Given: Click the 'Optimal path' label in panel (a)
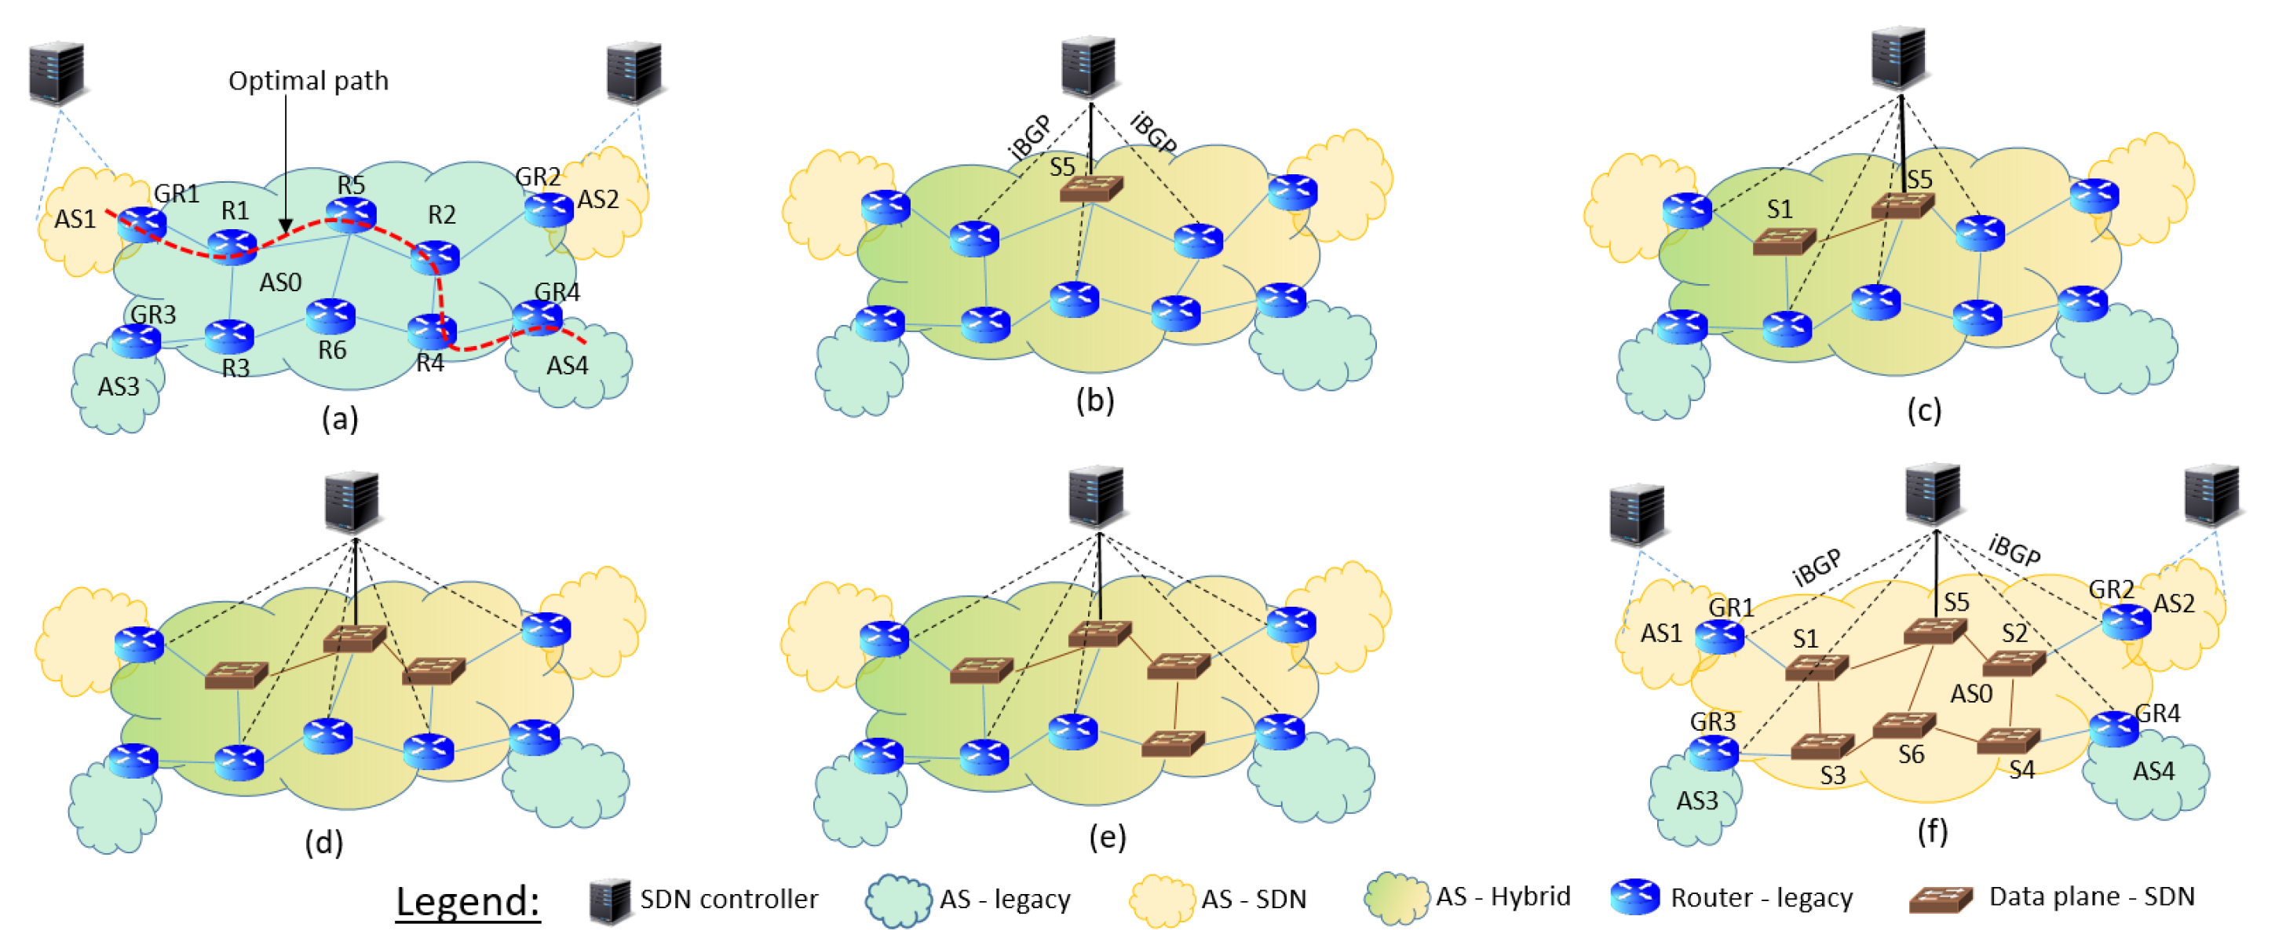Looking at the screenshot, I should (309, 80).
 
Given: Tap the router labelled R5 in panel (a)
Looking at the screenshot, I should (352, 213).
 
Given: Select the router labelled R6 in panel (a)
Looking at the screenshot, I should (331, 316).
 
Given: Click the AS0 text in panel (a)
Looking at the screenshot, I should (280, 283).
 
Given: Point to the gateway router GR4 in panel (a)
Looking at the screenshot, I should (537, 316).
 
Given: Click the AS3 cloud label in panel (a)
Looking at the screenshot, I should (119, 387).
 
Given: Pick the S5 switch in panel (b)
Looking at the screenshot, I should (1090, 188).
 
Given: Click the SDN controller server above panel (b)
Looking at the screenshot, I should (1089, 66).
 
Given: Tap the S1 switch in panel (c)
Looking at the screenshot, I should (1784, 240).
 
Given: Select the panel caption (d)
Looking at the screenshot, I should (323, 842).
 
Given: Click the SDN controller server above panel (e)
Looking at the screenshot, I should (1096, 496).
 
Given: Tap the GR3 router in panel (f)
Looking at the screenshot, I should (1713, 752).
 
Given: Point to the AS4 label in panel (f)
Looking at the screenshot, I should (2153, 772).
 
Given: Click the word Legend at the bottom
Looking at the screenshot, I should (466, 901).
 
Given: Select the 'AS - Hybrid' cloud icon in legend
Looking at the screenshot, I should (1396, 899).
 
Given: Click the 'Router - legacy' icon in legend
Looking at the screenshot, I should (1634, 897).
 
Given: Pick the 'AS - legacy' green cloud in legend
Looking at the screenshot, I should (897, 900).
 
